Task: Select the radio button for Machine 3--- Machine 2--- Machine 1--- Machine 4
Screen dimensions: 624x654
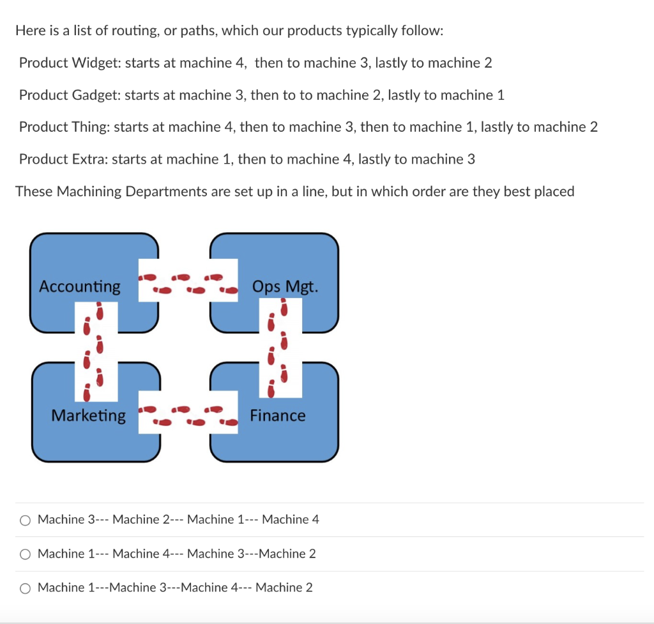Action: (25, 520)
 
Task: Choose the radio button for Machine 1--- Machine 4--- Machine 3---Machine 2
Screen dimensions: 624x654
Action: (25, 554)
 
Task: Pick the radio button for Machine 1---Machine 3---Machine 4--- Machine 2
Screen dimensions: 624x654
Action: (25, 588)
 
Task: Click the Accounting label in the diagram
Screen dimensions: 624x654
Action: (80, 286)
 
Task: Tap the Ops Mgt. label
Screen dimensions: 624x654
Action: (285, 286)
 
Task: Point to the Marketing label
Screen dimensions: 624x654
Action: (89, 416)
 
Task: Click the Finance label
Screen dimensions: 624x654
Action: (278, 416)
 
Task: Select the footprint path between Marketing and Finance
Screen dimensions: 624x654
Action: (188, 416)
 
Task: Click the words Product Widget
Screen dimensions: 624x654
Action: (70, 63)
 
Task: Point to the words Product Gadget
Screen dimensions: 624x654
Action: (70, 95)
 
